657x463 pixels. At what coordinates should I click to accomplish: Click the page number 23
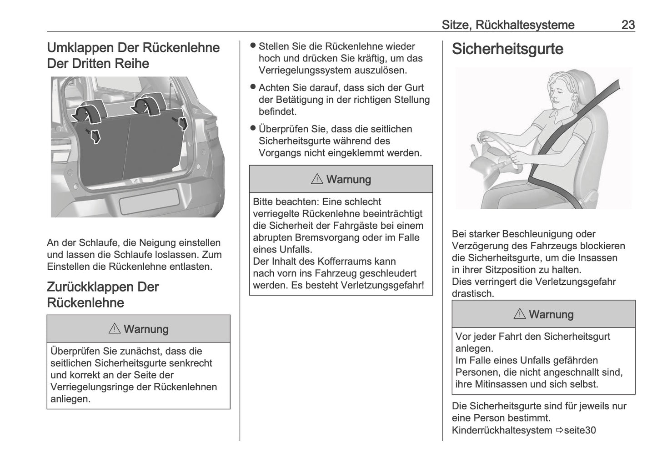point(628,25)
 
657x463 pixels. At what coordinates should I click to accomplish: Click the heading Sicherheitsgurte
point(507,49)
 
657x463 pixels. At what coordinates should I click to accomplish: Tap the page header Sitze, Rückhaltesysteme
point(507,25)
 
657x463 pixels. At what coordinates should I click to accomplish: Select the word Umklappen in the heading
point(80,48)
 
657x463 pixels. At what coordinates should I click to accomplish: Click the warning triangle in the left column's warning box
point(115,328)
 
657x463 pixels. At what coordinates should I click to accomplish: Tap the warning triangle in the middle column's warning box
point(317,179)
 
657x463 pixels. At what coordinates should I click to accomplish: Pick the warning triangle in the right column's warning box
point(520,314)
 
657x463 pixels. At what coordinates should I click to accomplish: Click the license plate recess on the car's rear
point(148,201)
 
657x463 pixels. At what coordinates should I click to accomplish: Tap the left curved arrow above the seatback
point(90,111)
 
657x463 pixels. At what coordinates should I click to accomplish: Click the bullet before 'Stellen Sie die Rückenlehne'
point(253,46)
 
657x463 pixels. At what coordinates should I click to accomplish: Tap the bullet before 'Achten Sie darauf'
point(253,87)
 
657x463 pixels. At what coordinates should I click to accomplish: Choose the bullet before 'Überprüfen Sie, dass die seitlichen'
point(253,129)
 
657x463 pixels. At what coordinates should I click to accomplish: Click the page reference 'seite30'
point(580,430)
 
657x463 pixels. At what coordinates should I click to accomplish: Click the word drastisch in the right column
point(472,293)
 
